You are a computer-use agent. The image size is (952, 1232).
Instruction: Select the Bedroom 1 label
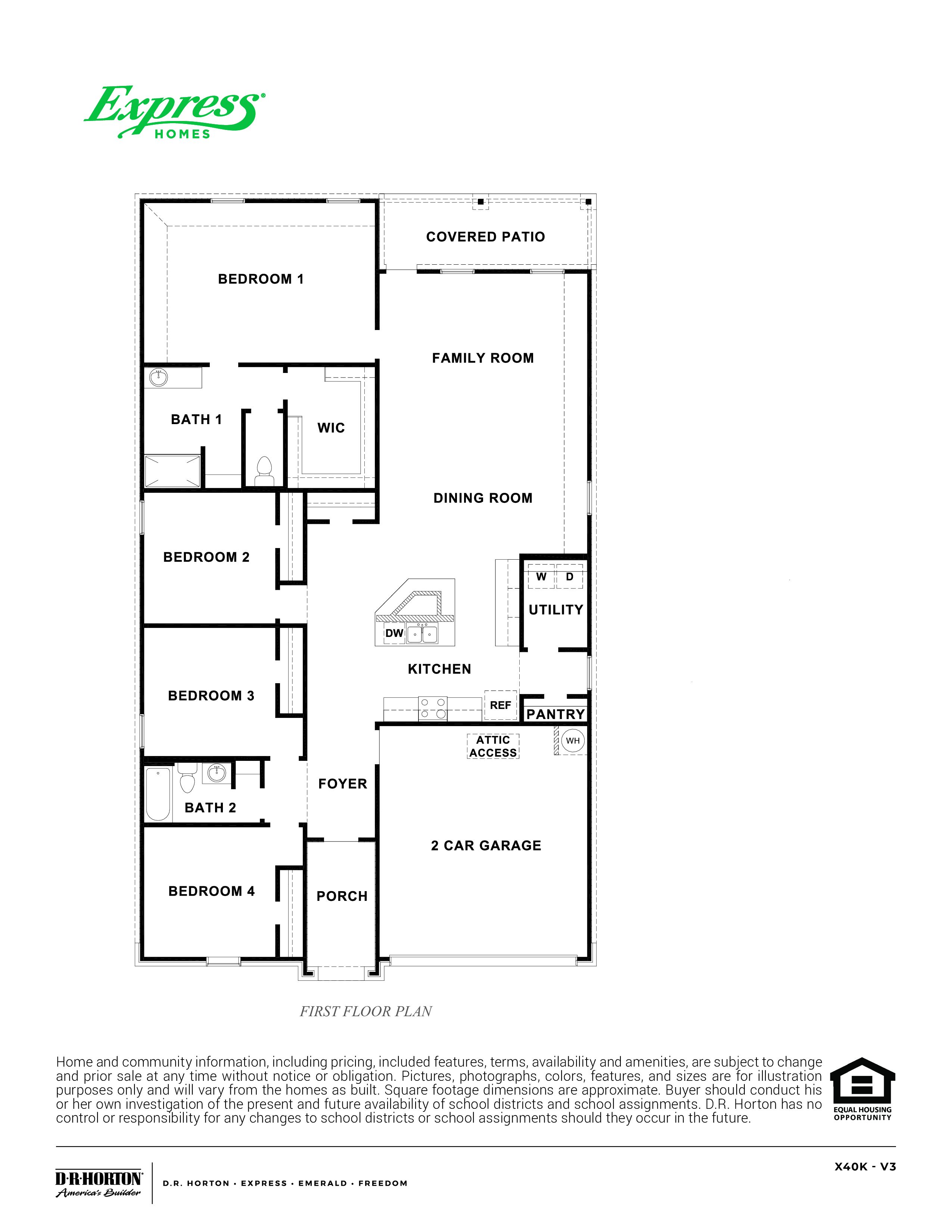click(261, 279)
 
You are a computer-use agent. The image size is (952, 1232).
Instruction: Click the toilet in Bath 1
click(264, 471)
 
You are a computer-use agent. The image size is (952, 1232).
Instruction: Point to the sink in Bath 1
click(158, 376)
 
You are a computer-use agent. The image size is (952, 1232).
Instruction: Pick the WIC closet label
click(331, 428)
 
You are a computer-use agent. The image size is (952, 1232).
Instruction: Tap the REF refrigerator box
click(501, 705)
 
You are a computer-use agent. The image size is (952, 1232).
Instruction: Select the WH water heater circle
click(572, 741)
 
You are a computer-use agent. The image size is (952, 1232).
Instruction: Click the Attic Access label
click(493, 746)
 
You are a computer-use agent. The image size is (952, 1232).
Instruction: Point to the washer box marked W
click(541, 576)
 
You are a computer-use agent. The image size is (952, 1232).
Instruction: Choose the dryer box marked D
click(570, 576)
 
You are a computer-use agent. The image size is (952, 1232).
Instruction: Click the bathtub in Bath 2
click(158, 794)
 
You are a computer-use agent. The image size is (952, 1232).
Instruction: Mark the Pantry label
click(556, 715)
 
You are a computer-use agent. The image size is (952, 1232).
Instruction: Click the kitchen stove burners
click(433, 709)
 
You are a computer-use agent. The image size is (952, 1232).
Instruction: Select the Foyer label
click(342, 784)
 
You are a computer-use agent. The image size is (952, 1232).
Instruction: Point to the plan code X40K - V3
click(865, 1167)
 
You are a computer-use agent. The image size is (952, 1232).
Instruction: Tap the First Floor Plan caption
click(366, 1011)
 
